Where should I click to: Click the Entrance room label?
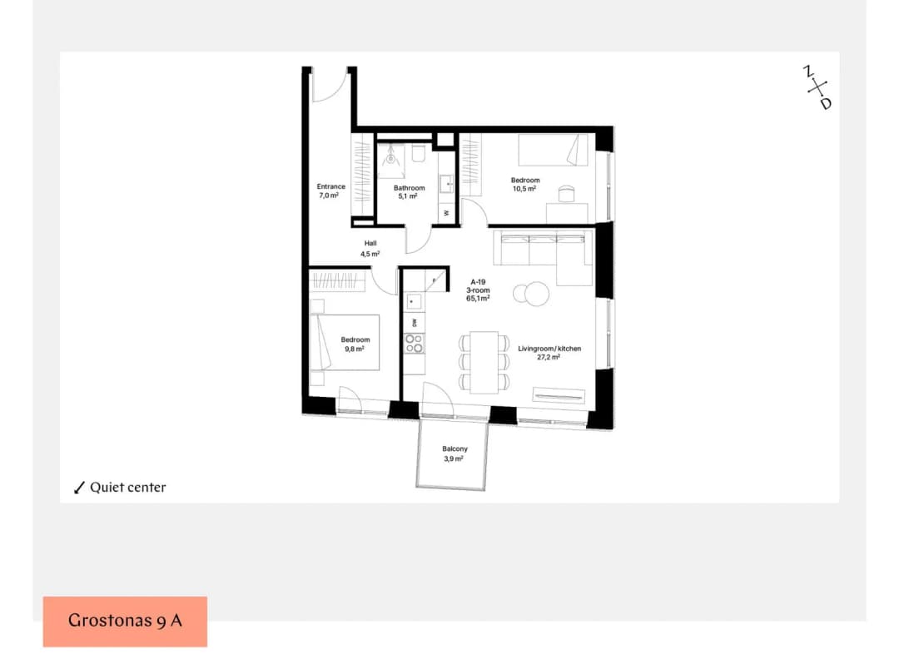[x=330, y=191]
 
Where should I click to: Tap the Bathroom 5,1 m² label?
[x=409, y=192]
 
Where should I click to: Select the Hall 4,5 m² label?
[x=370, y=249]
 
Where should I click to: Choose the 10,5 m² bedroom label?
[x=525, y=185]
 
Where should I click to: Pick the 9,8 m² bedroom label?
[x=355, y=344]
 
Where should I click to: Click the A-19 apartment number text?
[x=478, y=282]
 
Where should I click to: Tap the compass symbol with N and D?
[x=817, y=87]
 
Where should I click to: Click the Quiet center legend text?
[x=128, y=487]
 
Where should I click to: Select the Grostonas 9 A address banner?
[x=125, y=622]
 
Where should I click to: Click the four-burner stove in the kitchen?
[x=415, y=344]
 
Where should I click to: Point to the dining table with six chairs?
[x=484, y=362]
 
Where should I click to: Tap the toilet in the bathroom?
[x=418, y=154]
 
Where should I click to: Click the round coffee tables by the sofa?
[x=531, y=294]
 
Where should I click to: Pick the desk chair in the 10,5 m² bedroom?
[x=566, y=194]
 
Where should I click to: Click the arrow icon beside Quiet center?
[x=79, y=488]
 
